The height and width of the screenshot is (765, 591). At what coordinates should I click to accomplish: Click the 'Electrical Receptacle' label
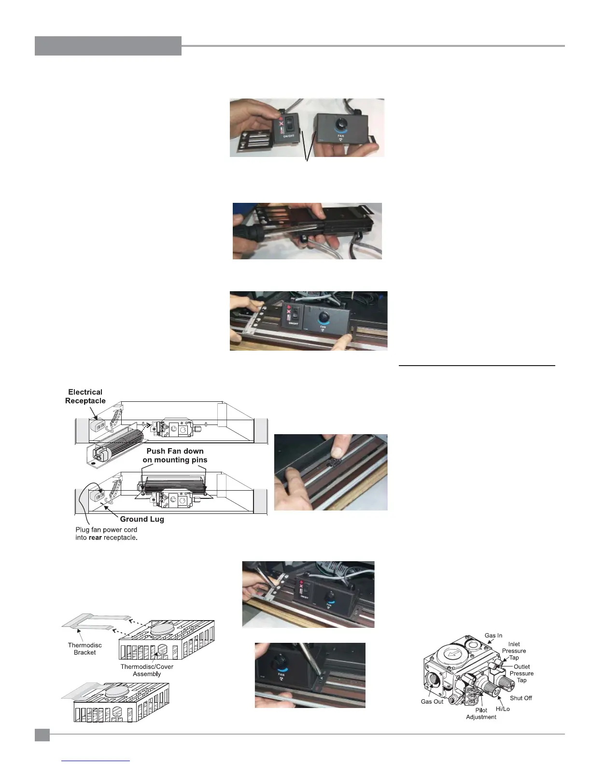click(x=85, y=397)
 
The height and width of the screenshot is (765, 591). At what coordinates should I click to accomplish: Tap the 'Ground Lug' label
click(x=142, y=519)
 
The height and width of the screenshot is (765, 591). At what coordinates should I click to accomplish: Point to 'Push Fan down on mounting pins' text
click(x=175, y=455)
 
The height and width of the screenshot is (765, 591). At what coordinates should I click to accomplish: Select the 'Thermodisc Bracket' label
click(x=84, y=649)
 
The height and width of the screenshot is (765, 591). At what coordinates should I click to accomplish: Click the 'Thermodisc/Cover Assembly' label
click(x=147, y=670)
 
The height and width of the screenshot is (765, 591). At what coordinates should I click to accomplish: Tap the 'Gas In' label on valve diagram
click(x=493, y=636)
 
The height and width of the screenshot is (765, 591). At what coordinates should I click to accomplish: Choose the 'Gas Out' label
click(x=432, y=701)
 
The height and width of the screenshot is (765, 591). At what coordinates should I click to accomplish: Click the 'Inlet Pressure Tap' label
click(x=514, y=651)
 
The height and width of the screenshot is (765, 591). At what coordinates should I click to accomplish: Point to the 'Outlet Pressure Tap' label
click(x=521, y=673)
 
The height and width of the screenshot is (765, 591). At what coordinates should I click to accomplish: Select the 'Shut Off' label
click(x=521, y=698)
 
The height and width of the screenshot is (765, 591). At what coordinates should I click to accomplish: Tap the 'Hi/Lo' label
click(x=503, y=709)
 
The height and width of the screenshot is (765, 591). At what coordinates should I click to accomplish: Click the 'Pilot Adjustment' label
click(x=481, y=713)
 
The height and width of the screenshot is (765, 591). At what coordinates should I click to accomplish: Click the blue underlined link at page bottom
click(x=96, y=761)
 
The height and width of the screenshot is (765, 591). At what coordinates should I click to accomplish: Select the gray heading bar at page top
click(x=108, y=46)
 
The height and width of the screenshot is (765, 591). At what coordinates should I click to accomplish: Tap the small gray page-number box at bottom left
click(x=42, y=735)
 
